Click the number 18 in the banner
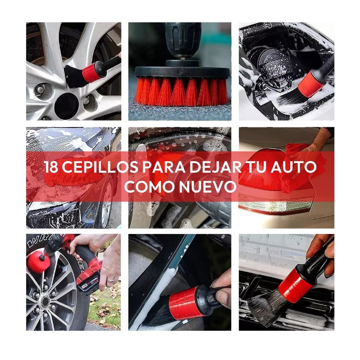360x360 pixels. (52, 167)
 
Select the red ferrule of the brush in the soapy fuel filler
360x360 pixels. (312, 81)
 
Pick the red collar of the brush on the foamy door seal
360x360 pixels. (183, 300)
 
